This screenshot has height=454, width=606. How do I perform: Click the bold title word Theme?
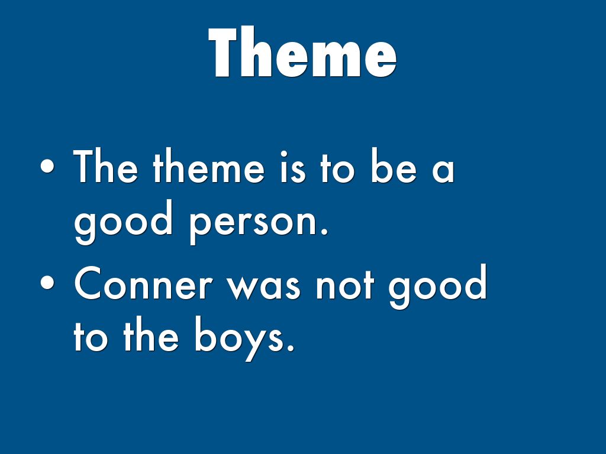(x=302, y=52)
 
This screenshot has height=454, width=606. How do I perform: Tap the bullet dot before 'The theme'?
(x=47, y=166)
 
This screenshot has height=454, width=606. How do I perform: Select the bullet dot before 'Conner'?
(x=47, y=283)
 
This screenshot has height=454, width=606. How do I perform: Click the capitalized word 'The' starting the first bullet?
(x=105, y=166)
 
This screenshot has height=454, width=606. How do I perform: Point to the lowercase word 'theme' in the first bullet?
(x=209, y=166)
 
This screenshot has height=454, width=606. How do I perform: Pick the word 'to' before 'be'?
(x=337, y=168)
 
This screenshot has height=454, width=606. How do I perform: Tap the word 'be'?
(x=394, y=166)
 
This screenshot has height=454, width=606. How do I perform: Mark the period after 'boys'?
(x=291, y=347)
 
